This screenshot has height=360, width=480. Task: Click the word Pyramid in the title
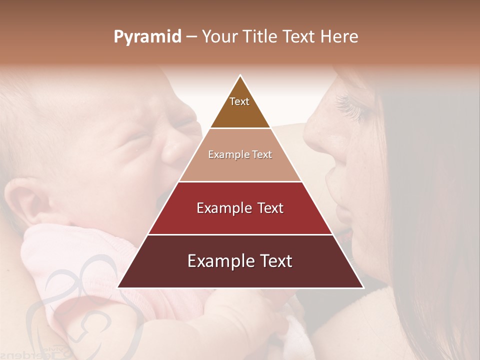point(147,37)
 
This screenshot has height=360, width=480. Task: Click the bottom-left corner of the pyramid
point(118,287)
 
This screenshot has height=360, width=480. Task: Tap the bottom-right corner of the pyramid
point(362,287)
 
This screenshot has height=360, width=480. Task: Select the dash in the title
point(191,37)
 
